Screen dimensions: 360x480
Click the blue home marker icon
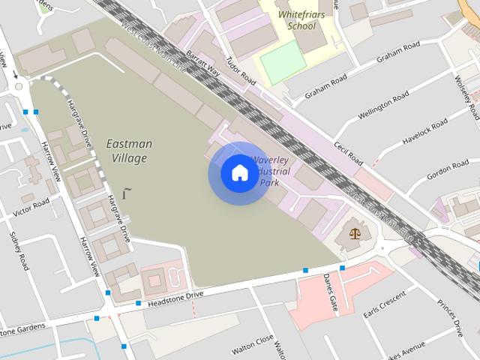pos(239,173)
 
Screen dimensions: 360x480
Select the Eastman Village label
pos(129,150)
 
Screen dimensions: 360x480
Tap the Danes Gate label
pos(329,292)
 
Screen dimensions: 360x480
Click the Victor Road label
pos(32,208)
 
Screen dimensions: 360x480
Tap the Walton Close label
pos(251,347)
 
